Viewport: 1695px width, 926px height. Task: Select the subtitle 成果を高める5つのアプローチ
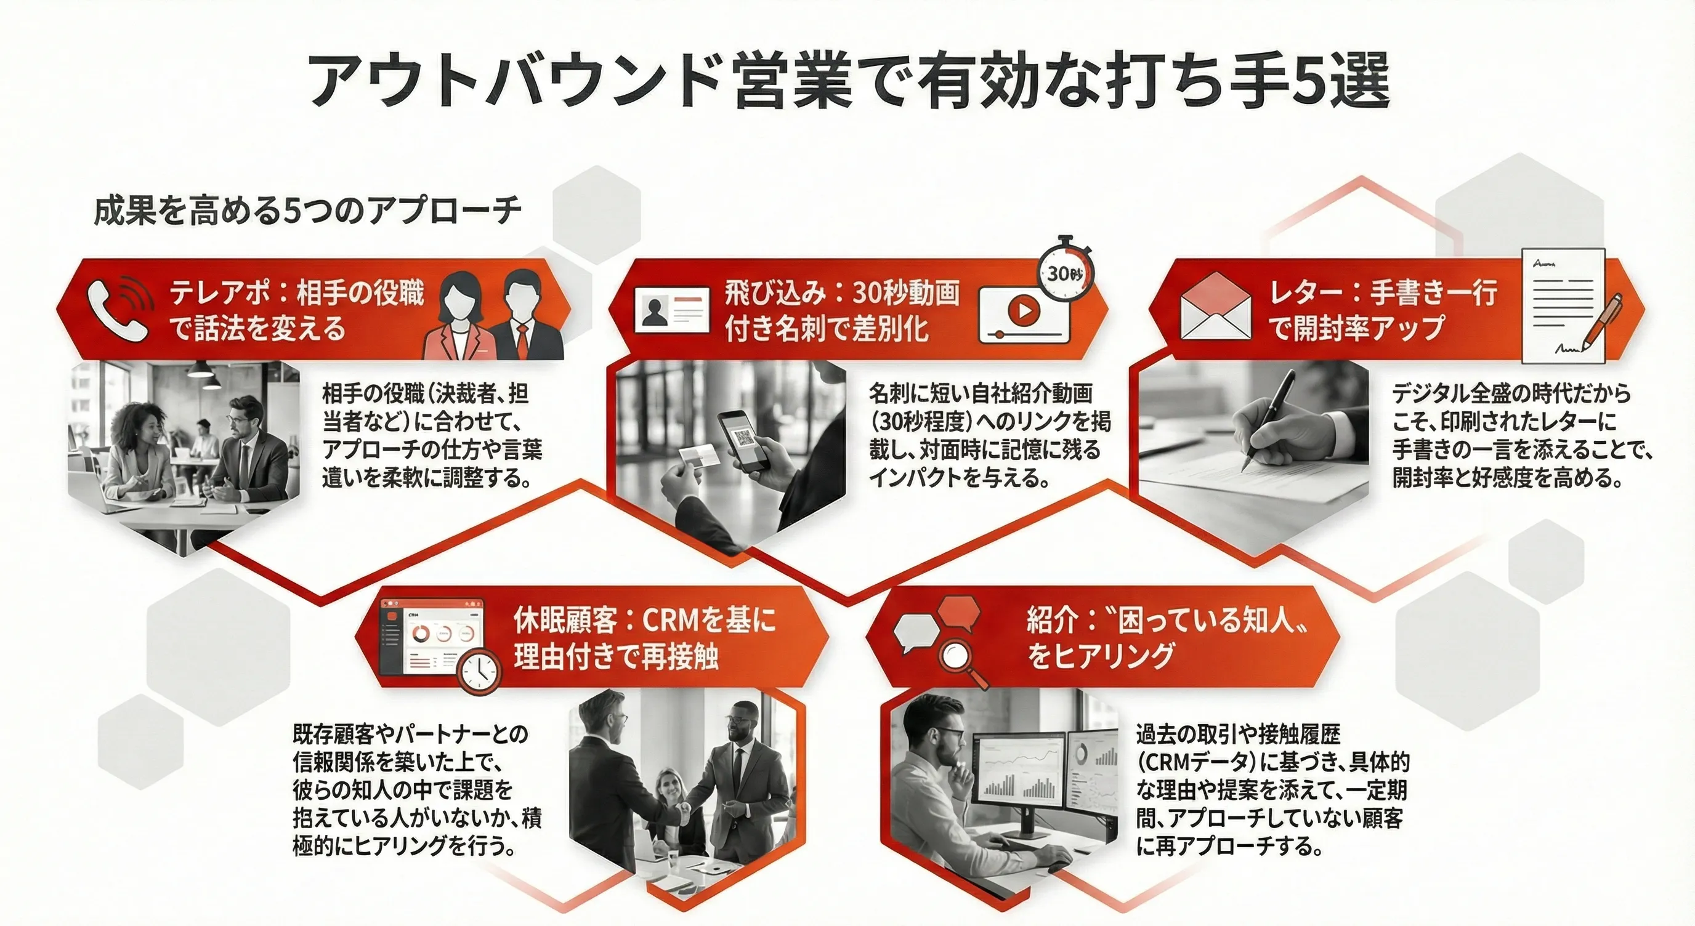[307, 211]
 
